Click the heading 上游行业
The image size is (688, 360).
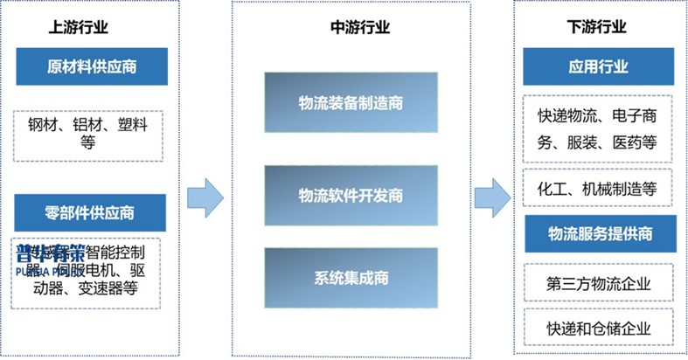[79, 27]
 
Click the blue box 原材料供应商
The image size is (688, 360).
[91, 66]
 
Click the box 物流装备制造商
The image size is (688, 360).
[350, 102]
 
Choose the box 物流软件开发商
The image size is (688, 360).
[350, 194]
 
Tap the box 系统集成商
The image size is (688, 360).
[350, 278]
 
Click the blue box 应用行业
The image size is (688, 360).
[599, 66]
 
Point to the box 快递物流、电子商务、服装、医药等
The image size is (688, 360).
[599, 128]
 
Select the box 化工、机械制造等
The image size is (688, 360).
[599, 187]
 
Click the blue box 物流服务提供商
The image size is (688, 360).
[599, 233]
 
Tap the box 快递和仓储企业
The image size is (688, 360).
[599, 328]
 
